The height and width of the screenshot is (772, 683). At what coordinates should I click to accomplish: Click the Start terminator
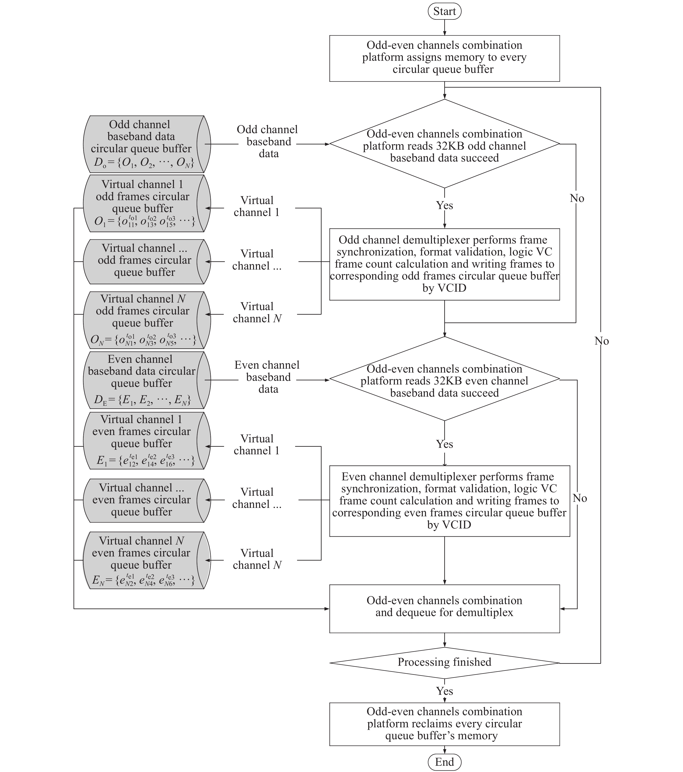pyautogui.click(x=444, y=11)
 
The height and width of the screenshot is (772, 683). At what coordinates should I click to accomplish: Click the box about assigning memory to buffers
pyautogui.click(x=444, y=59)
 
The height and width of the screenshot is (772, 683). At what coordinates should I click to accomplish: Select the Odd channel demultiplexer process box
pyautogui.click(x=444, y=264)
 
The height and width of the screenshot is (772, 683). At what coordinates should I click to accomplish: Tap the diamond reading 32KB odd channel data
pyautogui.click(x=444, y=144)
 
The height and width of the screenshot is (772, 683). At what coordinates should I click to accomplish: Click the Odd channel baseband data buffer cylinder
pyautogui.click(x=147, y=144)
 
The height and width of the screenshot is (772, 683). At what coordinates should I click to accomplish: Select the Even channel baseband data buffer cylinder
pyautogui.click(x=147, y=380)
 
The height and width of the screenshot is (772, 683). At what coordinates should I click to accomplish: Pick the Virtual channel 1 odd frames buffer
pyautogui.click(x=147, y=203)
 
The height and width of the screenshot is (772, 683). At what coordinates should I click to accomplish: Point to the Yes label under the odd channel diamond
pyautogui.click(x=444, y=205)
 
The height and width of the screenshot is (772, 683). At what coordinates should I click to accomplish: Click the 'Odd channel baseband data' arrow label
pyautogui.click(x=268, y=142)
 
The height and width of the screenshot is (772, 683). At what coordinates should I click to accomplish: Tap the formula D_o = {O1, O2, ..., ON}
pyautogui.click(x=144, y=163)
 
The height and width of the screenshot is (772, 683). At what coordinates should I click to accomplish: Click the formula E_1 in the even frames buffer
pyautogui.click(x=145, y=460)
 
